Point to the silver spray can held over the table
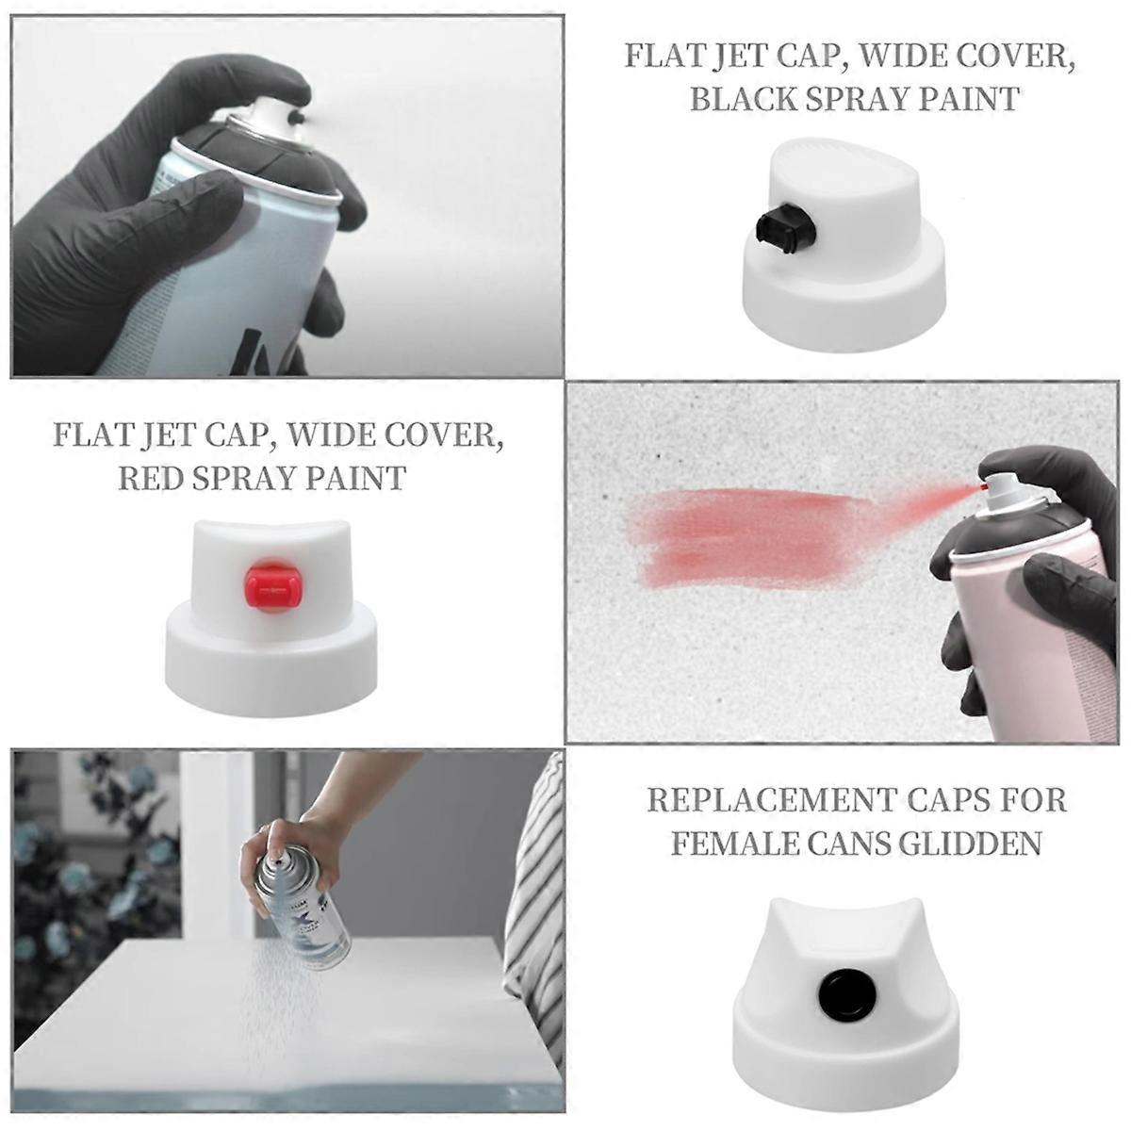(306, 905)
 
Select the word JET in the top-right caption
(760, 56)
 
